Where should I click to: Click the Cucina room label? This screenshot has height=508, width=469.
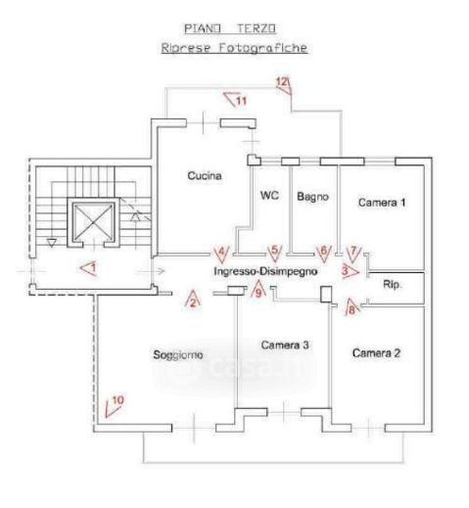(205, 176)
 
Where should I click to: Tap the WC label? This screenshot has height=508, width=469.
(269, 196)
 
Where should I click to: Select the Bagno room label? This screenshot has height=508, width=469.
(312, 197)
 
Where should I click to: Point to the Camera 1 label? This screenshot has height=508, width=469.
(382, 203)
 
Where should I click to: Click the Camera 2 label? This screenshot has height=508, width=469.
(376, 353)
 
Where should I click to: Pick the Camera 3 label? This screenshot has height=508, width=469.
(285, 346)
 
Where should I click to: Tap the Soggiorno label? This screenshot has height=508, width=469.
(178, 355)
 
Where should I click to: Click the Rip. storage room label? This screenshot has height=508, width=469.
(392, 285)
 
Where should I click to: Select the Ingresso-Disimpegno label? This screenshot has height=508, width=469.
(265, 271)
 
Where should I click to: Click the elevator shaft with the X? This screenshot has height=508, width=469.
(93, 222)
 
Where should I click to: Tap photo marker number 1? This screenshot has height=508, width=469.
(89, 268)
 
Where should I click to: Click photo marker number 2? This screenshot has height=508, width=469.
(193, 299)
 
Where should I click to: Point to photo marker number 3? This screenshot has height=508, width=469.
(350, 271)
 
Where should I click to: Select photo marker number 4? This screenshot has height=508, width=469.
(221, 254)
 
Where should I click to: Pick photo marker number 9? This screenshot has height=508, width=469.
(258, 289)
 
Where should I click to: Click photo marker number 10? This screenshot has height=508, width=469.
(115, 406)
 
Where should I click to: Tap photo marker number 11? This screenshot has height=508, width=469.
(236, 100)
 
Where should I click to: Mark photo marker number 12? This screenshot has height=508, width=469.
(284, 85)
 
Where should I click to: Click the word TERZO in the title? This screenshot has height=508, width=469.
(257, 28)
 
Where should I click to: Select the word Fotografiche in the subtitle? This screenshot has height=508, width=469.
(262, 48)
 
